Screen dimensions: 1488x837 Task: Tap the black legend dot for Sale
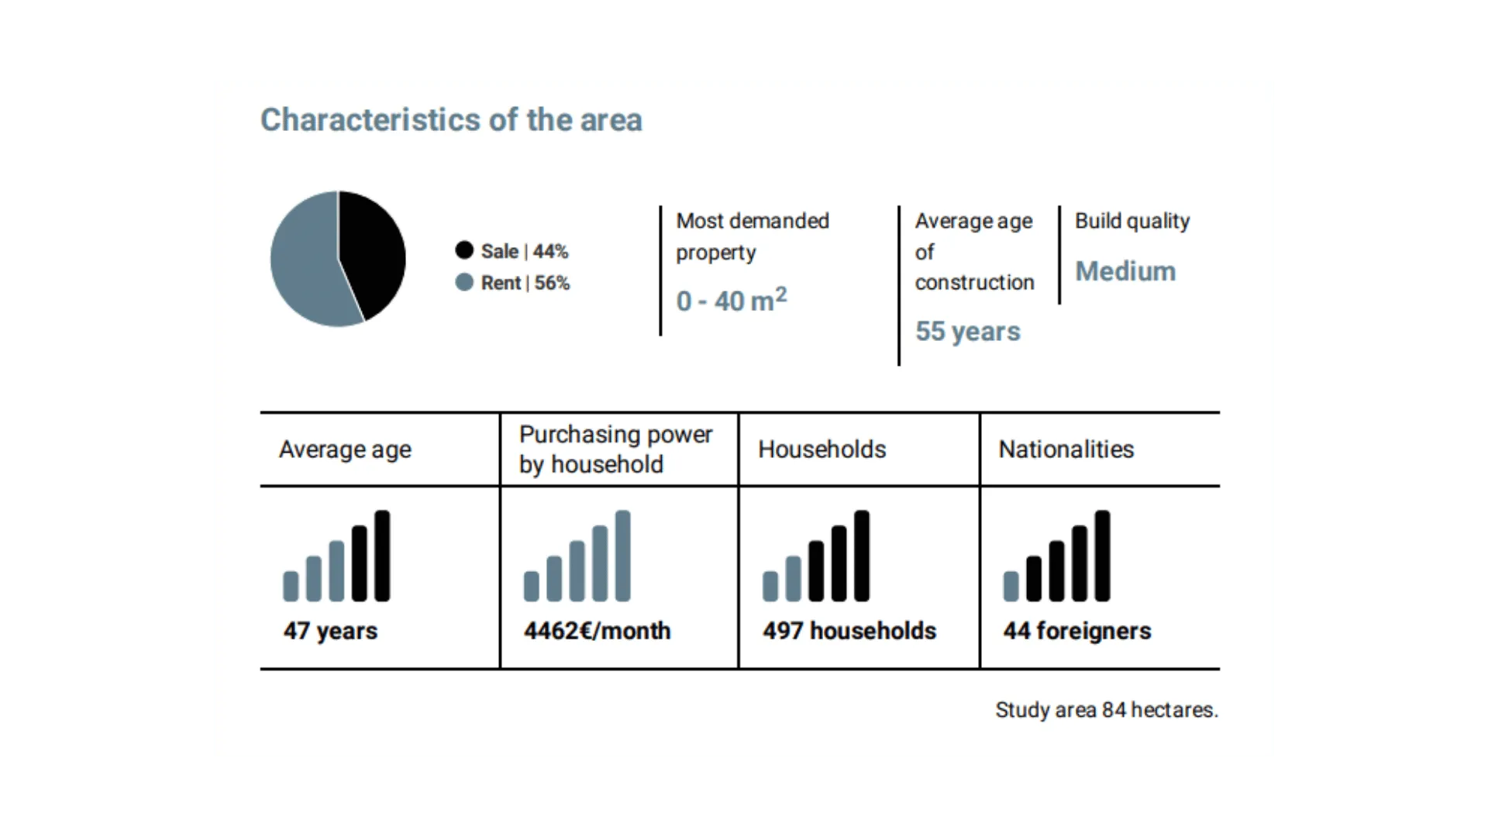pyautogui.click(x=464, y=250)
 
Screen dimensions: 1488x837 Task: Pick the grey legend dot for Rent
pyautogui.click(x=464, y=282)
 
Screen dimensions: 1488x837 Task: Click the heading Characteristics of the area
pyautogui.click(x=451, y=120)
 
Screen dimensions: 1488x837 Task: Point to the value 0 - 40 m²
pyautogui.click(x=732, y=299)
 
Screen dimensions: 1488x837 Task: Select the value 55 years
pyautogui.click(x=967, y=331)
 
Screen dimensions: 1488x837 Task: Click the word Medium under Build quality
pyautogui.click(x=1125, y=271)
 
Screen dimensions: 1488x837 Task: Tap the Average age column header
pyautogui.click(x=345, y=449)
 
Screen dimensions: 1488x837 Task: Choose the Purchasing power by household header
pyautogui.click(x=615, y=449)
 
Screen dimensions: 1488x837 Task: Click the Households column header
pyautogui.click(x=821, y=449)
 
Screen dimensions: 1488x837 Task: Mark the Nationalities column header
pyautogui.click(x=1066, y=449)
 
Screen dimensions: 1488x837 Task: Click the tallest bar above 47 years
pyautogui.click(x=382, y=556)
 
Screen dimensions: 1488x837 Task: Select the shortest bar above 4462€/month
pyautogui.click(x=531, y=587)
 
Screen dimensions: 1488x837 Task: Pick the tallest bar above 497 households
pyautogui.click(x=862, y=556)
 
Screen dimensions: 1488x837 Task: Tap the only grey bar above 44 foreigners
pyautogui.click(x=1011, y=587)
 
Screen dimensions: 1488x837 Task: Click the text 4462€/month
pyautogui.click(x=597, y=631)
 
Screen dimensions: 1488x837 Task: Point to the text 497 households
pyautogui.click(x=849, y=631)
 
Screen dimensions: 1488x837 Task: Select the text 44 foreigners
pyautogui.click(x=1077, y=631)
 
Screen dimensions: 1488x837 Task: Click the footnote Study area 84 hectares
pyautogui.click(x=1107, y=710)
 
